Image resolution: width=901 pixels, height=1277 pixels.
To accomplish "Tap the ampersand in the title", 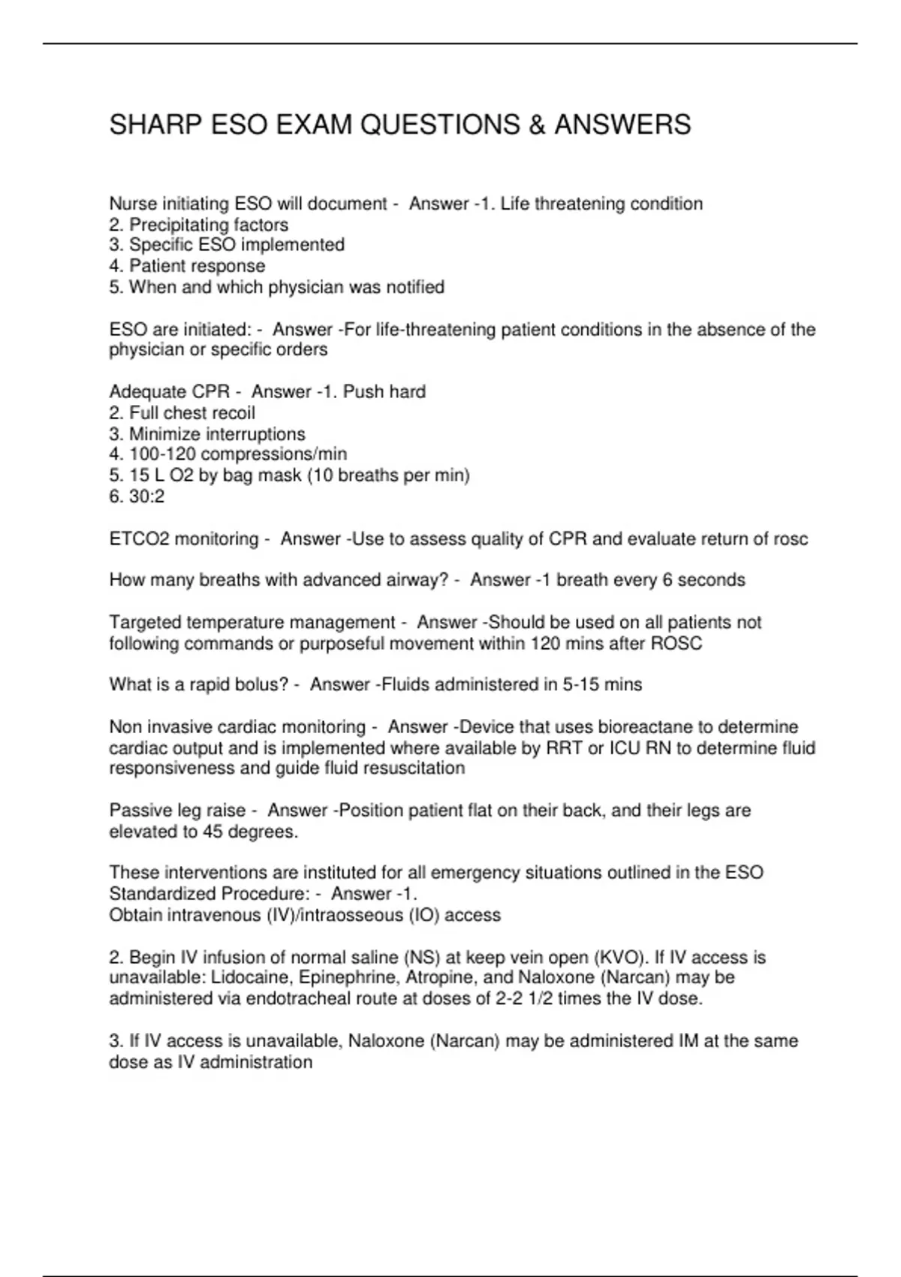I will (x=536, y=125).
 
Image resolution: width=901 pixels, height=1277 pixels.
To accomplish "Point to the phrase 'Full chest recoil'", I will (x=192, y=412).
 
